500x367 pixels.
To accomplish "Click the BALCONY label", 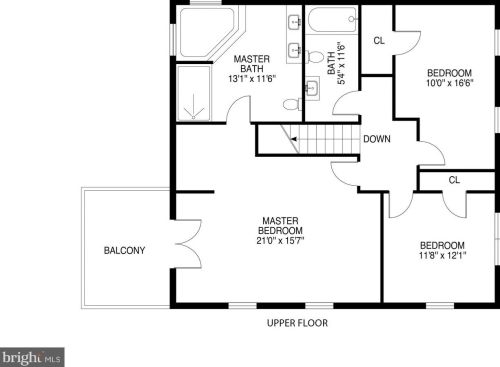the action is [x=124, y=250].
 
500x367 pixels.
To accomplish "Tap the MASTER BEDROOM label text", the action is [x=280, y=226].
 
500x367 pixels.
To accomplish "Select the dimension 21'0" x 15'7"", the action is [x=280, y=240].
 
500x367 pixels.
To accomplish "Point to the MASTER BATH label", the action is [x=252, y=64].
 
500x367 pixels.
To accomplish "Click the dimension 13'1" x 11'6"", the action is [x=252, y=79].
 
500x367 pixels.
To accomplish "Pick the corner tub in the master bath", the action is [x=207, y=33].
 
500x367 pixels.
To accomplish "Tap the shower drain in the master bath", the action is [x=193, y=117].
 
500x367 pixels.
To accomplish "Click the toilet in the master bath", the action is [x=292, y=104].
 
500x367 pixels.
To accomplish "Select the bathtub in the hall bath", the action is [x=331, y=20].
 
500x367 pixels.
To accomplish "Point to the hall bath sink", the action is [x=312, y=87].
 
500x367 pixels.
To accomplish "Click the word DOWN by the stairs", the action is [x=377, y=139].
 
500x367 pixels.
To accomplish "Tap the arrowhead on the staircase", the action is [x=294, y=139].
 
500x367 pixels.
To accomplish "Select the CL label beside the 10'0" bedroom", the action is [x=379, y=41].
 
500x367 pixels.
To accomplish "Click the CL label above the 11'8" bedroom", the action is [x=454, y=180].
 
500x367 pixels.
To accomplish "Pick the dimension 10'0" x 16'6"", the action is [x=450, y=83].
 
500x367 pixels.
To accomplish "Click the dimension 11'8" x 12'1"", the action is [x=442, y=256].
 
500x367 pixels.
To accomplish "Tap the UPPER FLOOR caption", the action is [x=297, y=323].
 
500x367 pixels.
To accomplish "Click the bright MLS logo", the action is [x=32, y=358].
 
